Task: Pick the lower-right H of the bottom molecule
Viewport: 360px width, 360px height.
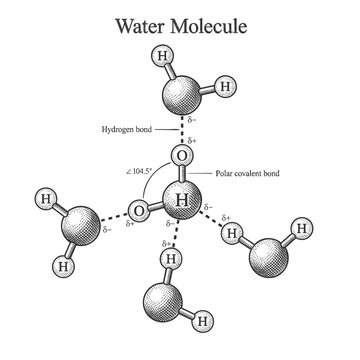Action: coord(205,322)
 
